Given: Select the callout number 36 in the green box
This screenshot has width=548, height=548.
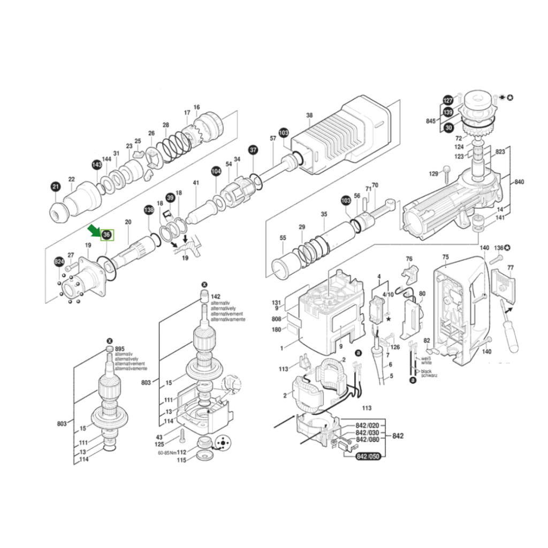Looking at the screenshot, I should (x=107, y=235).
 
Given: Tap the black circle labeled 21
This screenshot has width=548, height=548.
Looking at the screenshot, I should (x=56, y=187).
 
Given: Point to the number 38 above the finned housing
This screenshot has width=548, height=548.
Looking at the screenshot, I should (x=309, y=115).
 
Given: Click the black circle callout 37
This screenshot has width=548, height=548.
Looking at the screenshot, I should (x=253, y=150).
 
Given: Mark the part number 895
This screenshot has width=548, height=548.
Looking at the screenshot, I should (x=119, y=349).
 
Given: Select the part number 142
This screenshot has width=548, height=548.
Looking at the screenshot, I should (x=216, y=296).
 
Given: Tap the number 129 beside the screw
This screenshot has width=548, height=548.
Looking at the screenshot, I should (x=433, y=174).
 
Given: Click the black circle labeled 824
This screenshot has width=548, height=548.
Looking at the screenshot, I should (x=59, y=261).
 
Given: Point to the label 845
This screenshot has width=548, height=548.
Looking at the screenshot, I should (x=431, y=121).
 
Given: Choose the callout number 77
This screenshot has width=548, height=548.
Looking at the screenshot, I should (x=510, y=268).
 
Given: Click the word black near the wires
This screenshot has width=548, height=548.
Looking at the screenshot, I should (x=427, y=371).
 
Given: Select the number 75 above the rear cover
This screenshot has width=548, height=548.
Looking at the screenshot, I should (x=445, y=257).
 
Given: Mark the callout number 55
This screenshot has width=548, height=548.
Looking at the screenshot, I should (x=283, y=238).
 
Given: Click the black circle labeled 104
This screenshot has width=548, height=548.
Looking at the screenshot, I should (x=216, y=171).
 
